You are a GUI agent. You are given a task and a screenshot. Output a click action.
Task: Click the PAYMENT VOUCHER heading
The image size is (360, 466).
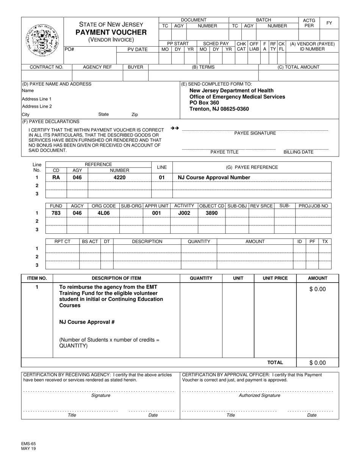point(111,32)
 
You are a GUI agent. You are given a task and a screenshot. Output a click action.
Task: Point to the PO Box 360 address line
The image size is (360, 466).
point(204,103)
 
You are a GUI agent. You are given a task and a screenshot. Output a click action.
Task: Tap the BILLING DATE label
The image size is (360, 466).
point(299,152)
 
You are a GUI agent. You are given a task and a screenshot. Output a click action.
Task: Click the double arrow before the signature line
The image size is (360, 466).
point(175,128)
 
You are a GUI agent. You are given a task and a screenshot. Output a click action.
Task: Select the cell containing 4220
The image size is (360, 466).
point(119,177)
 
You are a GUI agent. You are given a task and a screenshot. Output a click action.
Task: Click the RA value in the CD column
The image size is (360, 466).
point(56,177)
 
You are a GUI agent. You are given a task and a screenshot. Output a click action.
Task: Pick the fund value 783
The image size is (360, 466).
point(56,213)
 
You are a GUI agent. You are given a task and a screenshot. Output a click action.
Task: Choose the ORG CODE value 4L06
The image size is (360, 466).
point(103,213)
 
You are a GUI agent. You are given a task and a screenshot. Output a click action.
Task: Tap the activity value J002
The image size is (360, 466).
point(184,213)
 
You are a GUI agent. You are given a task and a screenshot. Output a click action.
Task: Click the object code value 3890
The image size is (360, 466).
point(211,213)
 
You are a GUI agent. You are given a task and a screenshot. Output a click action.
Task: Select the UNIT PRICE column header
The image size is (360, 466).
point(275,278)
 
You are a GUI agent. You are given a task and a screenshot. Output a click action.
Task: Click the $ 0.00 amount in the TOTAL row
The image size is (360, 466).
point(317,363)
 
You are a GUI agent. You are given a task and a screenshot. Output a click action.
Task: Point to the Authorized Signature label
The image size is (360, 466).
point(259,396)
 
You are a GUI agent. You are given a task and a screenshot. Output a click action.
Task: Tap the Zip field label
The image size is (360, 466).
point(135,114)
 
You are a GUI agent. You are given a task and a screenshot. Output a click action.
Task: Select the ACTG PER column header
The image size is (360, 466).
point(309,23)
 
